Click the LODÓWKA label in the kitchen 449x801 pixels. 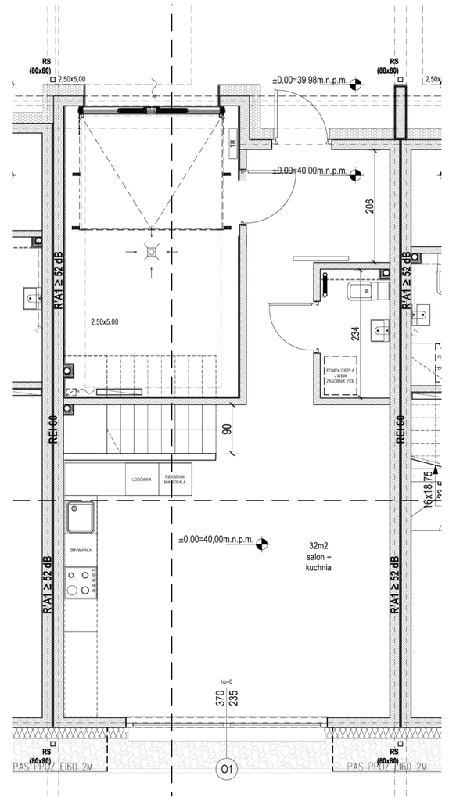(142, 479)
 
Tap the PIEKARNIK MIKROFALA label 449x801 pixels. (174, 479)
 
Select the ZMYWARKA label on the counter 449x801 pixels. (81, 551)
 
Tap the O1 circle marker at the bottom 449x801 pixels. (227, 770)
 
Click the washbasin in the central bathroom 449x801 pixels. (381, 330)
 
